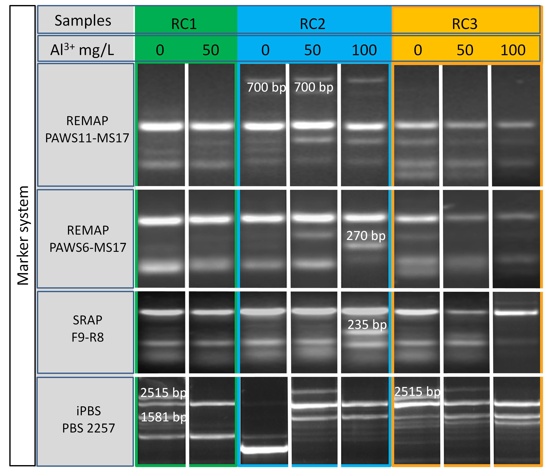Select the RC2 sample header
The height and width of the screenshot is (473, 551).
[313, 24]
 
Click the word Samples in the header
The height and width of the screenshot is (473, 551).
[83, 21]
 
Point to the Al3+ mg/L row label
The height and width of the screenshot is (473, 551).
[82, 50]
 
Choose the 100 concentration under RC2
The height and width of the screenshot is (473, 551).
[364, 50]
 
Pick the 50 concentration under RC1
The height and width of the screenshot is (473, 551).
[211, 50]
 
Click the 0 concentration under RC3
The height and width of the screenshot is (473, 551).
[418, 50]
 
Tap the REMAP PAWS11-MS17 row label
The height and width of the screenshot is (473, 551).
[87, 129]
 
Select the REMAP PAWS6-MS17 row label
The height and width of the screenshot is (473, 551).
[88, 239]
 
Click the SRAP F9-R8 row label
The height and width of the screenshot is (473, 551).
[88, 329]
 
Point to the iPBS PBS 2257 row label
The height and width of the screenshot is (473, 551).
[89, 419]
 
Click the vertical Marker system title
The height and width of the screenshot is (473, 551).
[23, 235]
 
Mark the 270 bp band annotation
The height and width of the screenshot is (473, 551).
[366, 236]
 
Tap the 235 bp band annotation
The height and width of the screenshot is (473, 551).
[367, 325]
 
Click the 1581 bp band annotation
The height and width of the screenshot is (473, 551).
[163, 417]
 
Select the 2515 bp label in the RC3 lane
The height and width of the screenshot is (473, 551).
[417, 391]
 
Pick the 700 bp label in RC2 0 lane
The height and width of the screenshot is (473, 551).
[266, 87]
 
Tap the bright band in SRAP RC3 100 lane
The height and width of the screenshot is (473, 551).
[516, 313]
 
